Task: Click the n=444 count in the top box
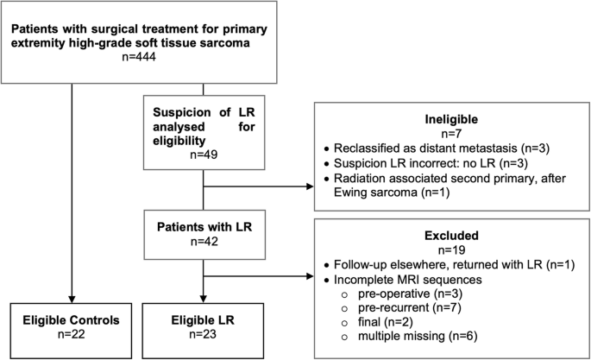click(x=139, y=57)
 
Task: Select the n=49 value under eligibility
click(x=204, y=155)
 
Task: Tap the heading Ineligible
click(x=451, y=119)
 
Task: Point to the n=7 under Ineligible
click(x=451, y=134)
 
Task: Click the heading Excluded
click(x=451, y=236)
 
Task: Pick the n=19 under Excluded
click(x=451, y=249)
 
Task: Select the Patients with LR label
click(x=204, y=227)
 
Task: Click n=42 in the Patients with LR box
click(x=204, y=241)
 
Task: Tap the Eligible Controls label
click(x=72, y=320)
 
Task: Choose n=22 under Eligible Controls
click(x=72, y=334)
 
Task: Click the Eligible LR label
click(x=203, y=320)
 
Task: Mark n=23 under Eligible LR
click(x=203, y=334)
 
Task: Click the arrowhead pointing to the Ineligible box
click(x=311, y=186)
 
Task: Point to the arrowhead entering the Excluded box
click(x=311, y=276)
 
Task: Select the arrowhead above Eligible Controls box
click(x=72, y=300)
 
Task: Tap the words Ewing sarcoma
click(x=375, y=193)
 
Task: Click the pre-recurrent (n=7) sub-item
click(x=410, y=307)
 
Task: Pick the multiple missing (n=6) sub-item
click(x=418, y=336)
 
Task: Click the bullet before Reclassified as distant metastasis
click(x=326, y=148)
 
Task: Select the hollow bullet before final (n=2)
click(x=343, y=323)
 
